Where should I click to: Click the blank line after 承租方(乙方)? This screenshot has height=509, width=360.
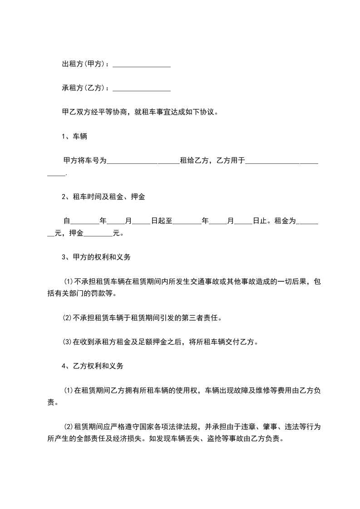[x=141, y=89]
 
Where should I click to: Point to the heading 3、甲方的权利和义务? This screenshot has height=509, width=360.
[x=96, y=257]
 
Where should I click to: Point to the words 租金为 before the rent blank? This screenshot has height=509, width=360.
[x=285, y=221]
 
